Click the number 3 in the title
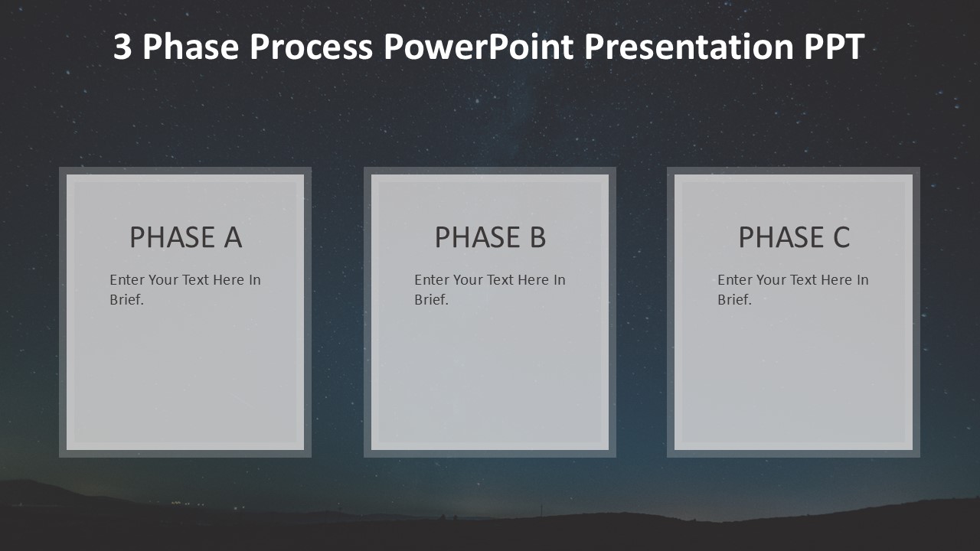(123, 47)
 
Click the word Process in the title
(311, 47)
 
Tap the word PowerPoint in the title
(478, 47)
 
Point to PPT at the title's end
(834, 47)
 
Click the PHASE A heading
(185, 238)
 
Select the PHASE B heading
(490, 238)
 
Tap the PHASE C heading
(794, 238)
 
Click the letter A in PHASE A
(233, 238)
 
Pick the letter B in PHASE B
(537, 238)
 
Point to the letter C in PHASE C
(841, 238)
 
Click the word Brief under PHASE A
(126, 300)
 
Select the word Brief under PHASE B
(431, 300)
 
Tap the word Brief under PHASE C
(734, 300)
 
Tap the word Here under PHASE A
(228, 280)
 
